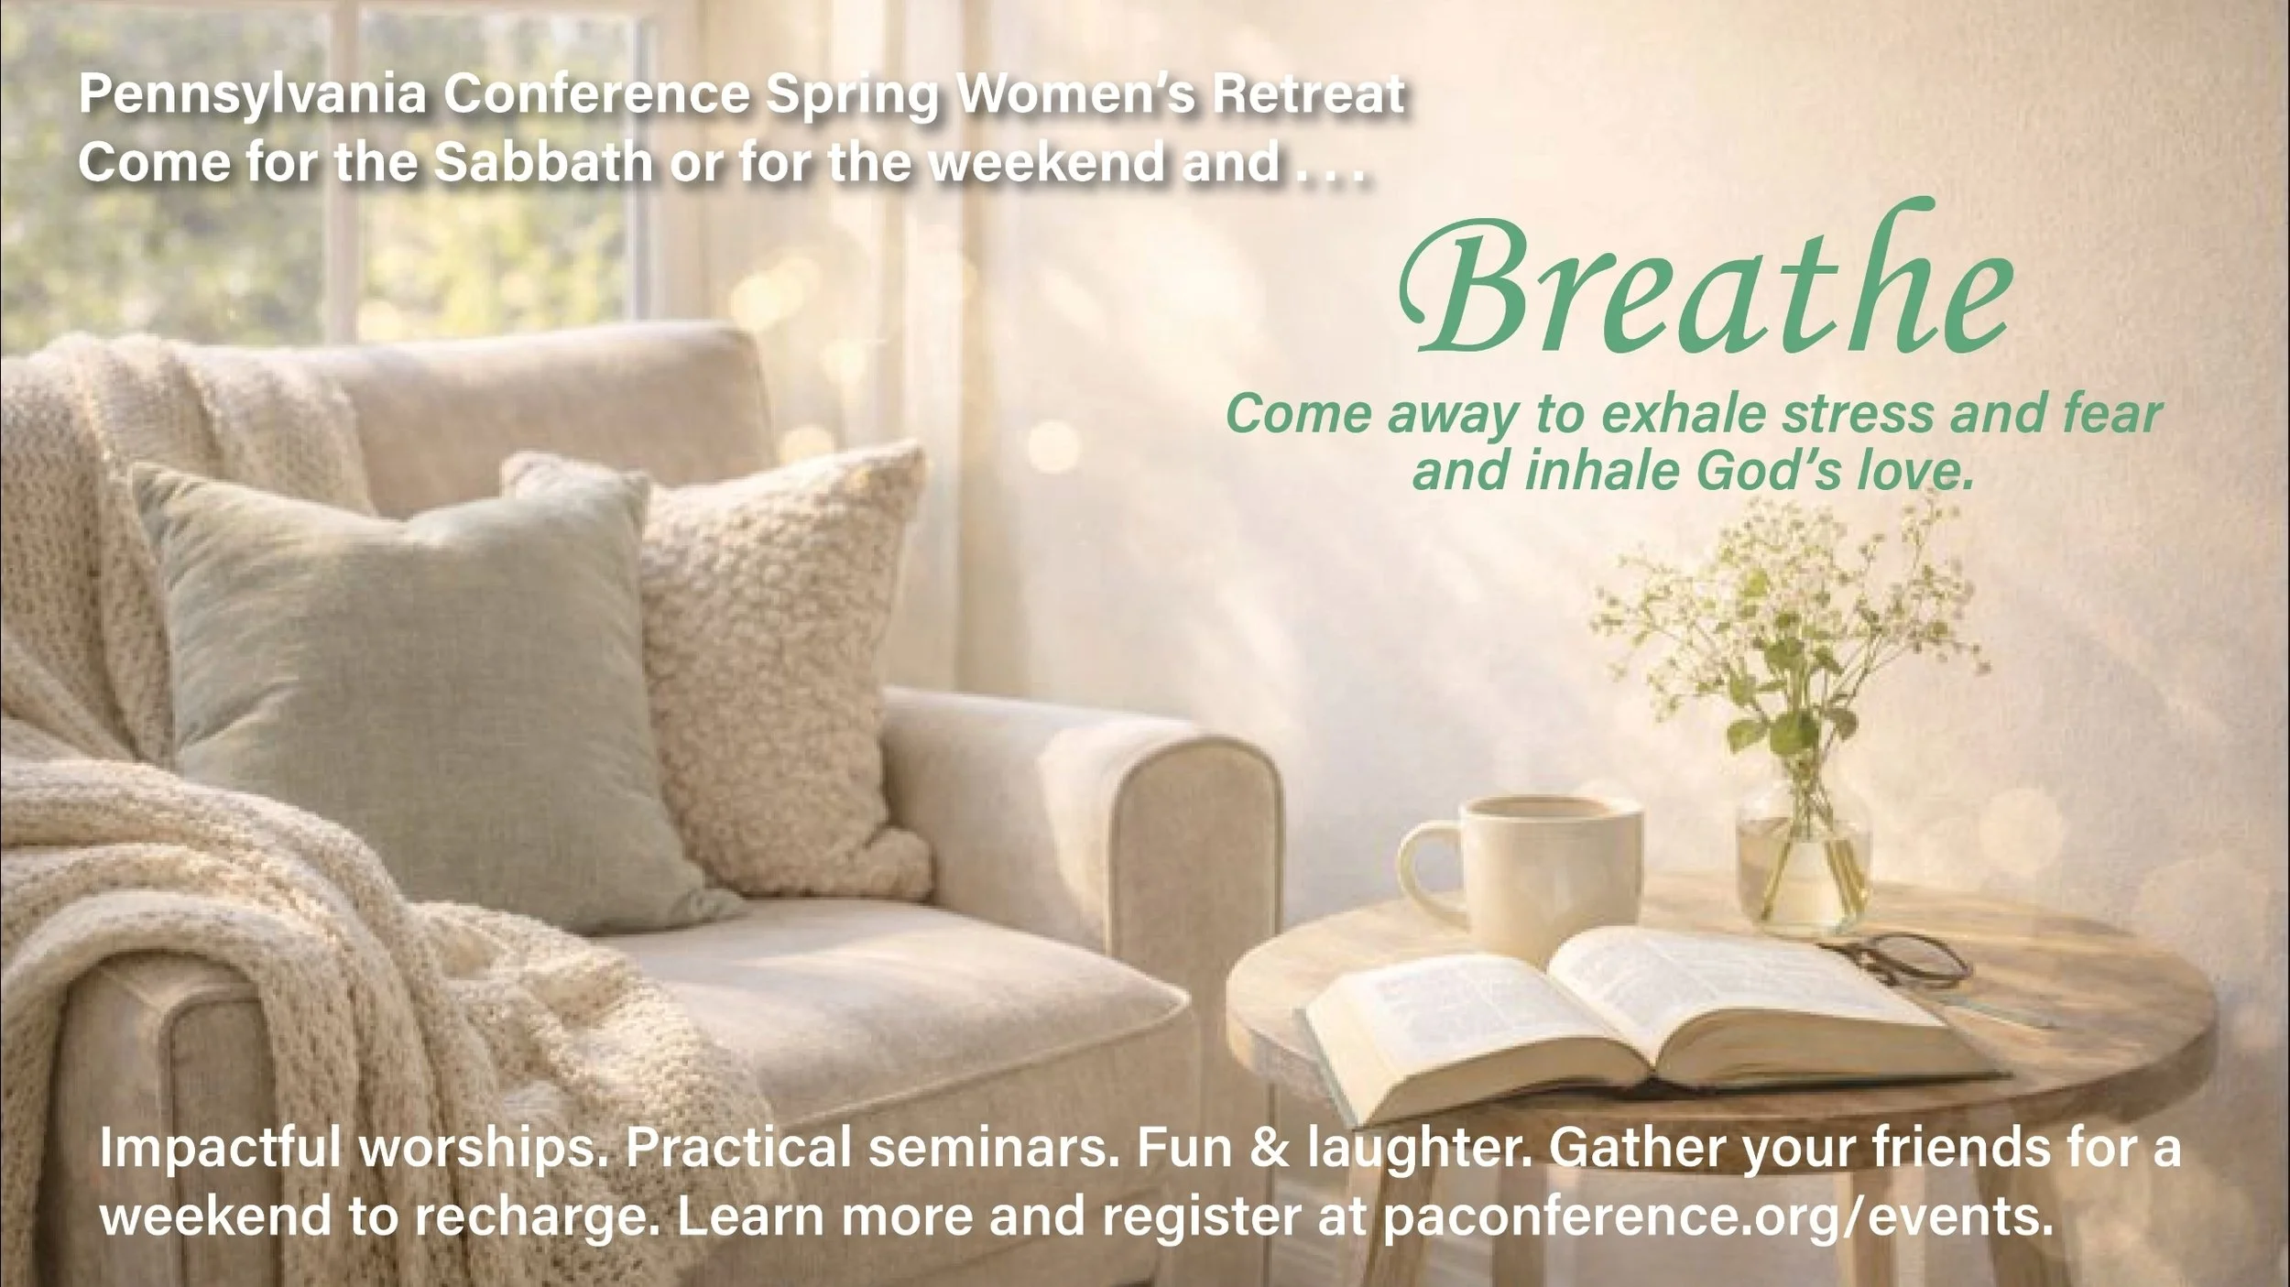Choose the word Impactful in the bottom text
point(220,1150)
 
